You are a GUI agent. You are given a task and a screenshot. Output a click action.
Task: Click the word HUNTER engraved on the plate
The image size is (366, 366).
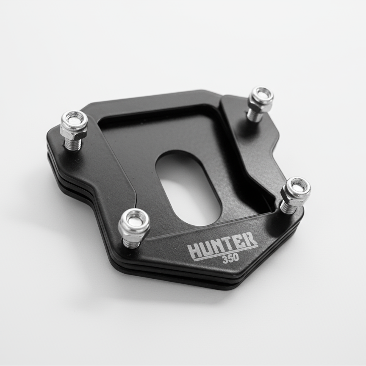(223, 245)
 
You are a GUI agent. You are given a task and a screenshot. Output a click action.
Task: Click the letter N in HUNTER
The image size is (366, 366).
(218, 247)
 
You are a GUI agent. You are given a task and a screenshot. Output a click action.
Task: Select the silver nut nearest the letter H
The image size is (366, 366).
(134, 223)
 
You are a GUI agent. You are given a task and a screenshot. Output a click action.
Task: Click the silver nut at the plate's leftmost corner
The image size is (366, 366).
(74, 123)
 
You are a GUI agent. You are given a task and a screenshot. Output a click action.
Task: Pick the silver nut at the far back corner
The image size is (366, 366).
(261, 98)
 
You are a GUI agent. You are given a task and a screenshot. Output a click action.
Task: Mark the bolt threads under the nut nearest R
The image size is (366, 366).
(288, 208)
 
